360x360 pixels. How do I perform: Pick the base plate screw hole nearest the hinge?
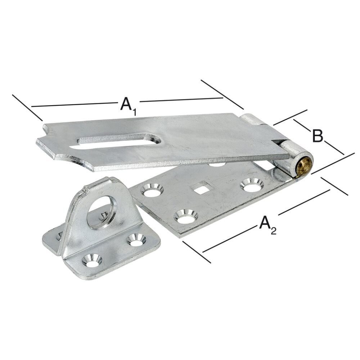252,184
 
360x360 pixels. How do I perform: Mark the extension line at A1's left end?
27,107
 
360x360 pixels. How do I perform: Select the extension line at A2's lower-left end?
197,252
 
